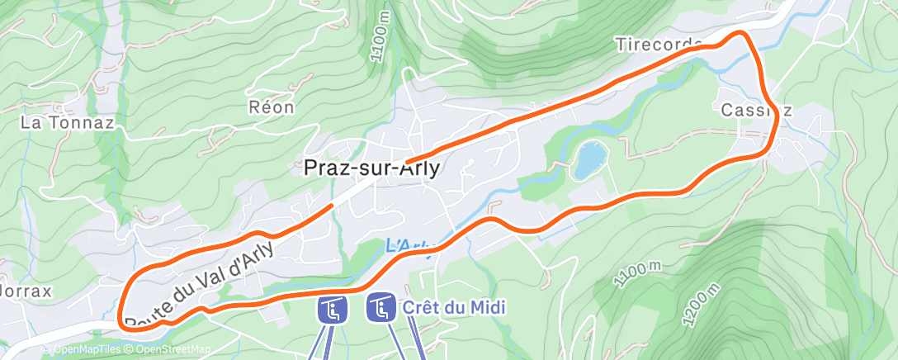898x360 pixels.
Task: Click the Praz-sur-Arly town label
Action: (371, 168)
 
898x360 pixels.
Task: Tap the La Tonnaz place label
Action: (67, 123)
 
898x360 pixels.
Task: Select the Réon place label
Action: (271, 107)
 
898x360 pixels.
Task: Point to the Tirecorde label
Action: (659, 44)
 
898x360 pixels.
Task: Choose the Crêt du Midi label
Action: (454, 307)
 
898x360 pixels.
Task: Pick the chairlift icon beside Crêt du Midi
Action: (380, 309)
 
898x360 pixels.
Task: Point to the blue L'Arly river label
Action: (408, 246)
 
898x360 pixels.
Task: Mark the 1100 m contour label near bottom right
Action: (638, 272)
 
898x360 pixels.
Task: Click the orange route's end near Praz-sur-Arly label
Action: (409, 159)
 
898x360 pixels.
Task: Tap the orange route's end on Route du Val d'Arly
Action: (332, 204)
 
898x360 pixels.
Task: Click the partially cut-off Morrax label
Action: (26, 291)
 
